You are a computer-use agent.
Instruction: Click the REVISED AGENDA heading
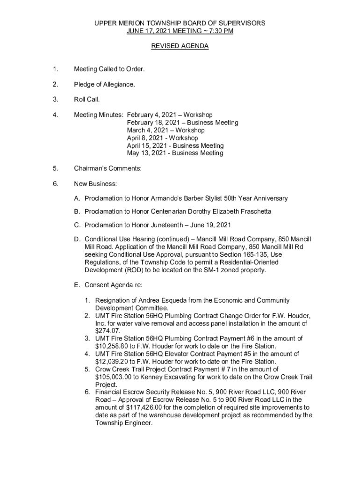pos(180,46)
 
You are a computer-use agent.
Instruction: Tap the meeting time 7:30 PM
pos(218,31)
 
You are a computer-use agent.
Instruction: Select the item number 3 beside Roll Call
pos(55,100)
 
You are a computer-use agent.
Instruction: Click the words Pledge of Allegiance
pos(104,84)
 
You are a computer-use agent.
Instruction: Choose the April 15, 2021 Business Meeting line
pos(175,145)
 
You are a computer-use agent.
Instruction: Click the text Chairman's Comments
pos(108,168)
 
